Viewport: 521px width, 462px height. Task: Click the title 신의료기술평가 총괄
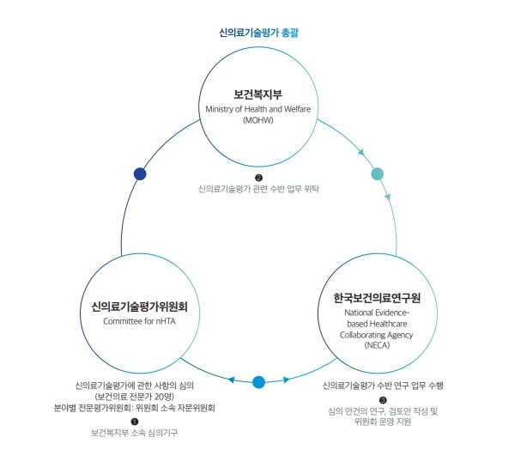258,33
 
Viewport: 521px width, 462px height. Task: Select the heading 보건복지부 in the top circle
258,94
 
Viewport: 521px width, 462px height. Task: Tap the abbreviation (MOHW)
258,120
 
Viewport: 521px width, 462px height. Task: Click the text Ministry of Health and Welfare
258,109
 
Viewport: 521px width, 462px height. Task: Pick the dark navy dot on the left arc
140,173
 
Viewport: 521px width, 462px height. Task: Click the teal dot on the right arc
377,173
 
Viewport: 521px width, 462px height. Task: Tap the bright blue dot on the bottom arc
259,382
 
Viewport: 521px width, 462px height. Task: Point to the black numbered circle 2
258,178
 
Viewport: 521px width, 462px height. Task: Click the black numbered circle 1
135,422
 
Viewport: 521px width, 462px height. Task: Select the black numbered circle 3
383,400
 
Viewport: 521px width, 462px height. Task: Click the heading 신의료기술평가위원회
140,307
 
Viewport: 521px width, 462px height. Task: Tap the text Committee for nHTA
139,321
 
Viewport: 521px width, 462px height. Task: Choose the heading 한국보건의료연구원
377,298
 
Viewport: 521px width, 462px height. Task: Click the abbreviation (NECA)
377,345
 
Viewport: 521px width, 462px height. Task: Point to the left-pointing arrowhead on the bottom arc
232,380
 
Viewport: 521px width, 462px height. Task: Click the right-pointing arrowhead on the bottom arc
286,380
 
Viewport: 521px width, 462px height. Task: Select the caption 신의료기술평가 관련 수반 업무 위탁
258,189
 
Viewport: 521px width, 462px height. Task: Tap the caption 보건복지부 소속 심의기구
135,433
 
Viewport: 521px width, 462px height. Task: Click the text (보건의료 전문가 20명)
135,397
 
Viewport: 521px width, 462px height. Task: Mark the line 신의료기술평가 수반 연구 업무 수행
383,386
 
